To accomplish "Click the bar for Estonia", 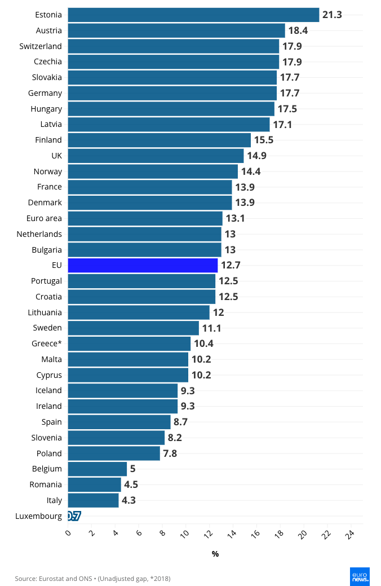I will pos(193,15).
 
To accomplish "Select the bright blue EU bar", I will pos(143,265).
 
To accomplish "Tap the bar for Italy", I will pos(93,500).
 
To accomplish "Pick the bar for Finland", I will pos(159,140).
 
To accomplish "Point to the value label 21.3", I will pos(332,15).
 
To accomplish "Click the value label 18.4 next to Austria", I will pos(298,30).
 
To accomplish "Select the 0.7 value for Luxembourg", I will pos(74,516).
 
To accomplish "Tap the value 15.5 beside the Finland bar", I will pos(263,140).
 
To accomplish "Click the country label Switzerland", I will pos(41,46).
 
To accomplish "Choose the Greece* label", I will pos(47,343).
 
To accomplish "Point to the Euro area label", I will pos(44,218).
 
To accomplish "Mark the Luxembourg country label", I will pos(39,516).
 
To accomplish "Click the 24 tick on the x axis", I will pos(351,533).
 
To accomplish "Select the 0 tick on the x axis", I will pos(68,532).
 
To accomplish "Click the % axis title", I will pos(215,554).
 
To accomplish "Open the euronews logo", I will pos(360,575).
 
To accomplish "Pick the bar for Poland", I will pos(114,453).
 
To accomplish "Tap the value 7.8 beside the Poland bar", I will pos(170,453).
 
